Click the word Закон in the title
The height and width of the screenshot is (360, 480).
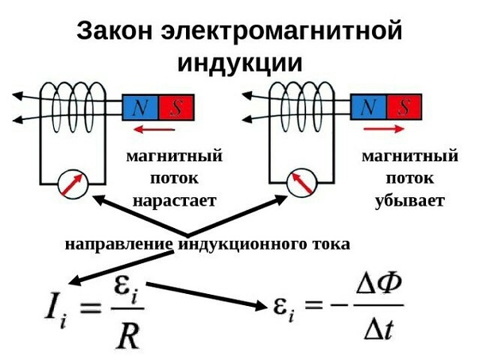[114, 31]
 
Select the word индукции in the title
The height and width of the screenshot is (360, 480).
[240, 64]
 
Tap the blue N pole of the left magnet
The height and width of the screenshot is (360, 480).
[140, 107]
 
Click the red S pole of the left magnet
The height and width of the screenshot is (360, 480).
[176, 107]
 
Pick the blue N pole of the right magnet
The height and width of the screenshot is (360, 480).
[369, 106]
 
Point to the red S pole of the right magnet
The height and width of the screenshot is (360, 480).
[404, 106]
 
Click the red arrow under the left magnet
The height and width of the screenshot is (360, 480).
[154, 130]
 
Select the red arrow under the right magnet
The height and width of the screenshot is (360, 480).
[384, 129]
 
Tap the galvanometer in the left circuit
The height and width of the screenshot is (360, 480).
[73, 184]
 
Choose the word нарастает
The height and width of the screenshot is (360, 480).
[175, 201]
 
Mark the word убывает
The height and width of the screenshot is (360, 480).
[410, 201]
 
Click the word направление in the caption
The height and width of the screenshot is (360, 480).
[118, 245]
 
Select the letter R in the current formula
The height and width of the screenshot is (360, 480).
[128, 336]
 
